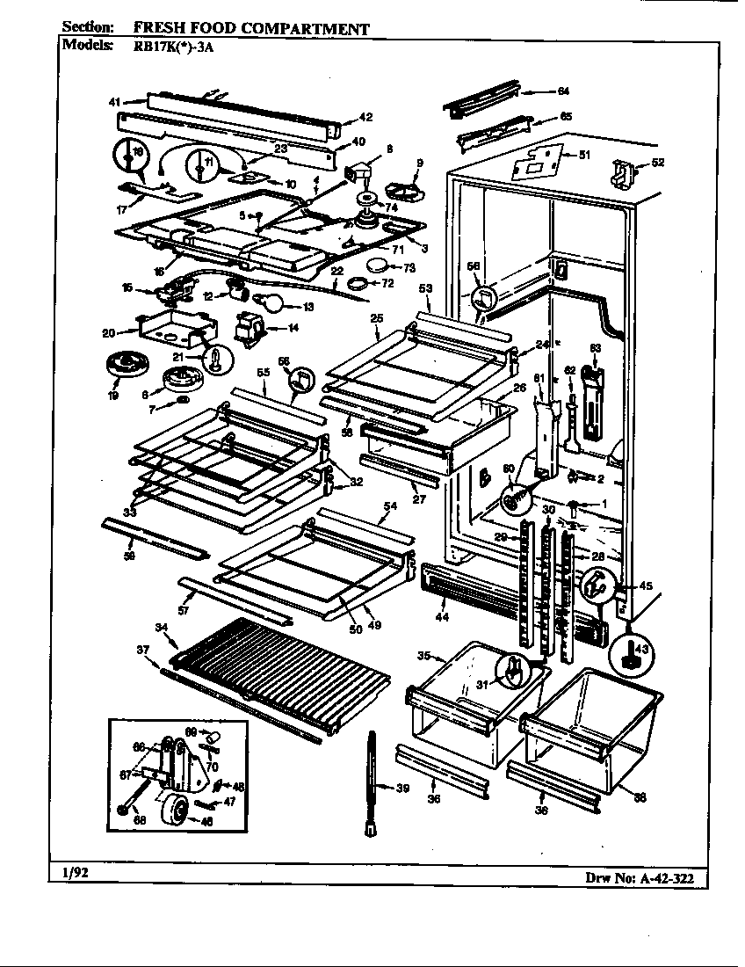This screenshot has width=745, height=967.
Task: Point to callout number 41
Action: (x=114, y=103)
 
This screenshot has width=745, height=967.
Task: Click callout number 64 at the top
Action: (x=563, y=91)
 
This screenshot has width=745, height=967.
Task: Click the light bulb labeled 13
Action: (x=275, y=305)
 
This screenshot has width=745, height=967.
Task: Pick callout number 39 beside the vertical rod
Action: (x=402, y=789)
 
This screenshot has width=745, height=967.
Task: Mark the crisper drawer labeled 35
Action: (x=457, y=694)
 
